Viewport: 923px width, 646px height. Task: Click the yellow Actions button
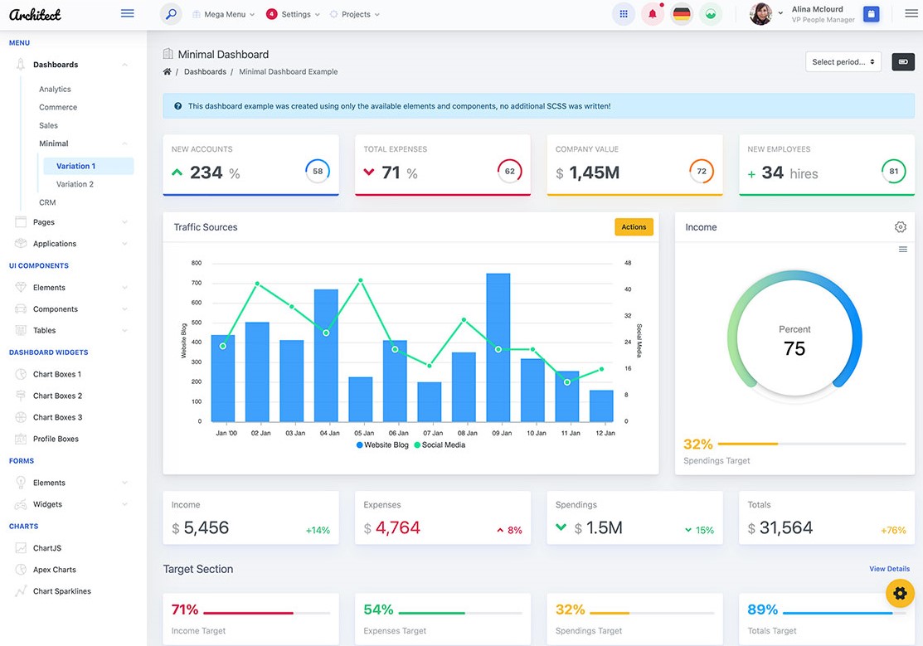[x=634, y=227]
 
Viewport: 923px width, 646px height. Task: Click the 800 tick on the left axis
[x=197, y=263]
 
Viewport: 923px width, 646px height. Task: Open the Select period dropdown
[x=843, y=62]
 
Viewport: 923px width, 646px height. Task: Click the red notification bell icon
[x=653, y=14]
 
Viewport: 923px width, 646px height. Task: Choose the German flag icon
[x=682, y=14]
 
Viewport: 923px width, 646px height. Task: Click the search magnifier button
[x=171, y=14]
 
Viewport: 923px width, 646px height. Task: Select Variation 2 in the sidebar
[x=75, y=184]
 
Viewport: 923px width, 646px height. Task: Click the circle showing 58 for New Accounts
[x=318, y=172]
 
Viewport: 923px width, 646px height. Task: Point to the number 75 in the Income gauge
[x=794, y=349]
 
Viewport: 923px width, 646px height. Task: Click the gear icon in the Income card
[x=901, y=227]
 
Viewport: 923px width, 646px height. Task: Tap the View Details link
[x=889, y=569]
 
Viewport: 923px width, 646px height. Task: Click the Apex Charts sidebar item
[x=55, y=570]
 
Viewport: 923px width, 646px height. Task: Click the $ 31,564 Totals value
[x=785, y=528]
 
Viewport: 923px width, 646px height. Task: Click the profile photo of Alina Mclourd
[x=760, y=14]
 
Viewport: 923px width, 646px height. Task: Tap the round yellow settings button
[x=900, y=593]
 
